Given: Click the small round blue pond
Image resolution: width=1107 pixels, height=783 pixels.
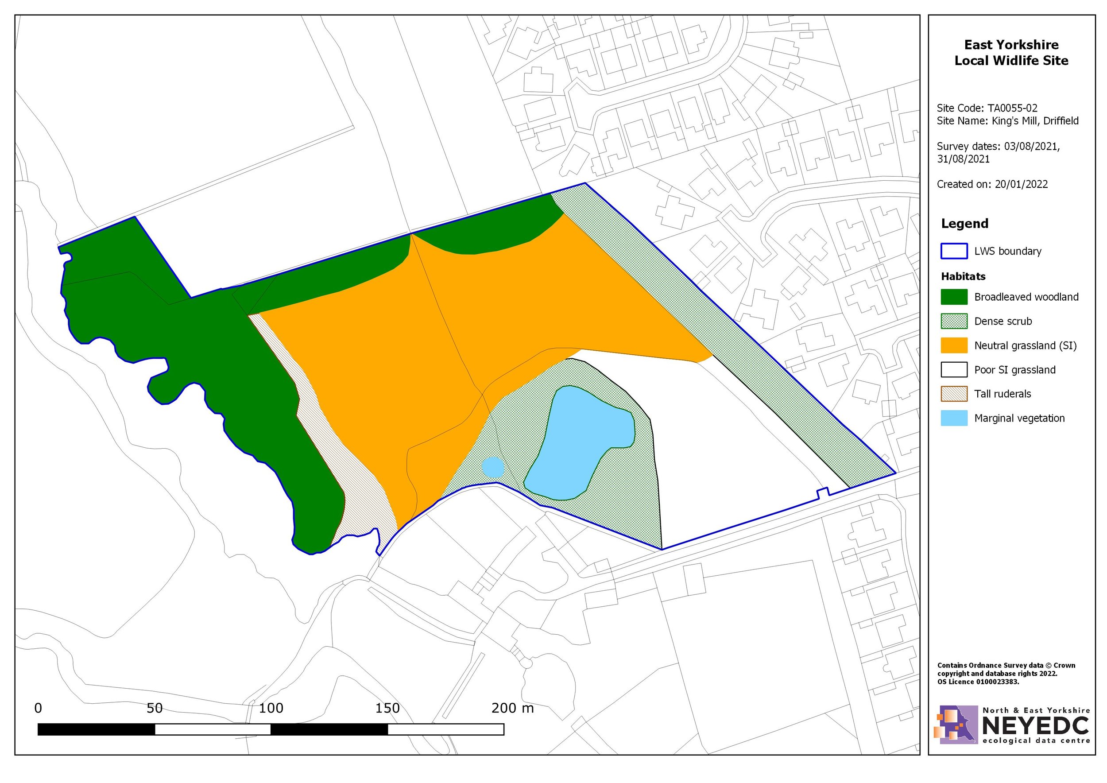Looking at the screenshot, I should tap(493, 467).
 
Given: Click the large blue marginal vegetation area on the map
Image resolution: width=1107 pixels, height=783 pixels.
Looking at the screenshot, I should tap(579, 444).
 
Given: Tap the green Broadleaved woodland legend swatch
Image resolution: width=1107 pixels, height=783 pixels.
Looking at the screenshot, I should tap(954, 297).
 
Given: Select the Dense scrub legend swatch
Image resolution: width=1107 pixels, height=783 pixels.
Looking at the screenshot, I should tap(954, 321).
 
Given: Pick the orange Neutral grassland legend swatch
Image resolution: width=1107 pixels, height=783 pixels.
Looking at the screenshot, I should tap(954, 345).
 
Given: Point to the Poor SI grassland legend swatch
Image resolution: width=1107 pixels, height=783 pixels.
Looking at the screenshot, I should tap(954, 370).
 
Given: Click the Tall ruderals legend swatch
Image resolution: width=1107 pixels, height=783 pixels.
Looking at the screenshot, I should tap(954, 394).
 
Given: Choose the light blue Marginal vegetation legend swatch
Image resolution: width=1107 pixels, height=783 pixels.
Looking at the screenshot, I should tap(954, 418).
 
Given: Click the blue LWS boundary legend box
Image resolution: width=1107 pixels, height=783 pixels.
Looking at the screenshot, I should tap(954, 251).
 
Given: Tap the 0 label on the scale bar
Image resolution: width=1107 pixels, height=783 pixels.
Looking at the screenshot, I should tap(38, 708).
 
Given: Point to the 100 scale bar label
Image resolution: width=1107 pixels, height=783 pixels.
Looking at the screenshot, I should tap(271, 708).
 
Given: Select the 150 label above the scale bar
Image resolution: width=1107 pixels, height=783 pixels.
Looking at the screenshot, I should tap(387, 708).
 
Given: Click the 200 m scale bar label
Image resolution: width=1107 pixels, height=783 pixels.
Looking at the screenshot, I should tap(512, 708).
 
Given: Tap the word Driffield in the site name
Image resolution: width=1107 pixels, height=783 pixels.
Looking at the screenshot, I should tap(1061, 120).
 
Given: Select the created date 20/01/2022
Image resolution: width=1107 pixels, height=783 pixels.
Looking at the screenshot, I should tap(1021, 184).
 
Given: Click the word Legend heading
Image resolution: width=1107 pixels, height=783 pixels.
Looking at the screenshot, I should tap(964, 224).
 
